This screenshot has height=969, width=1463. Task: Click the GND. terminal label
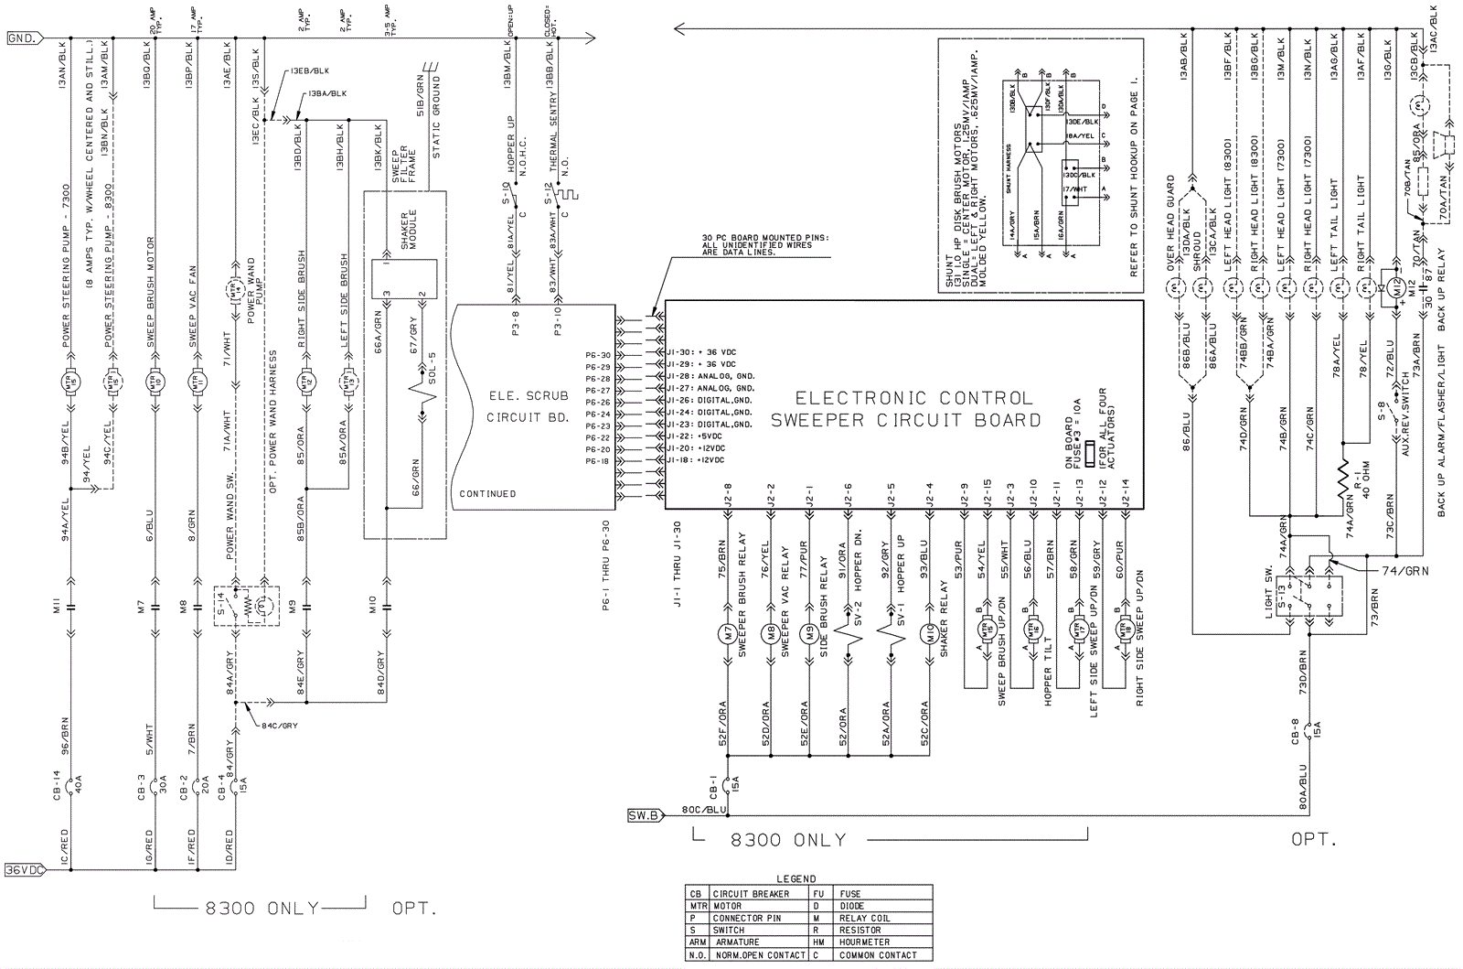click(x=22, y=38)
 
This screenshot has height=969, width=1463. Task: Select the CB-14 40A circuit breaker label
click(x=69, y=784)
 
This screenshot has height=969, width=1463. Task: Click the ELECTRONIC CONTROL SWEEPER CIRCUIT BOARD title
click(x=905, y=409)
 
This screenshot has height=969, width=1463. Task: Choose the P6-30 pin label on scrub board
click(x=597, y=355)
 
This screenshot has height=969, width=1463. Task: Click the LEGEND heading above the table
click(x=796, y=878)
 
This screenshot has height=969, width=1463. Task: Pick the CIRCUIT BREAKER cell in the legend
click(x=750, y=894)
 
